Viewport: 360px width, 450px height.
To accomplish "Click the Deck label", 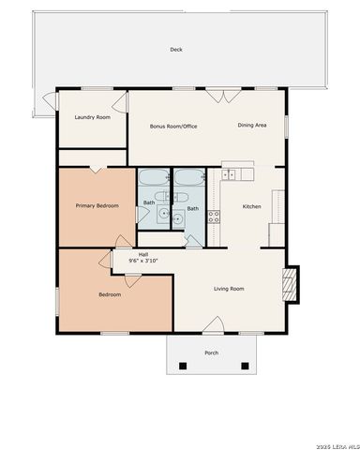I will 175,50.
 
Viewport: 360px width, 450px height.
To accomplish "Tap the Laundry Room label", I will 92,117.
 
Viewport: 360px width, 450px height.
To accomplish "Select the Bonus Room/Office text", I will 173,126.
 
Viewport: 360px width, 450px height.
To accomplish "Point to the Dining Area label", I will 252,125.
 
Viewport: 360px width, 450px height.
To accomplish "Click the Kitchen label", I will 251,206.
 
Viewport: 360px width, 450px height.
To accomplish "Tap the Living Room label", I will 229,288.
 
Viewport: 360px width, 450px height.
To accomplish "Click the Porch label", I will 212,352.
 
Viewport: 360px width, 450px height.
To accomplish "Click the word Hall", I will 143,253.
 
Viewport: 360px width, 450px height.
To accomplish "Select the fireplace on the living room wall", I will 292,283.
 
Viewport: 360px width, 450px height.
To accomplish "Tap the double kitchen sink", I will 238,173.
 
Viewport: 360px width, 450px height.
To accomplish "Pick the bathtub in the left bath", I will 152,178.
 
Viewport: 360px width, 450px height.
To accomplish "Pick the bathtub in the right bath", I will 186,178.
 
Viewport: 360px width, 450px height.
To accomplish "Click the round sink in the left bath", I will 163,215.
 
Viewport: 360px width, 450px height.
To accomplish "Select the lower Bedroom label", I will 110,294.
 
